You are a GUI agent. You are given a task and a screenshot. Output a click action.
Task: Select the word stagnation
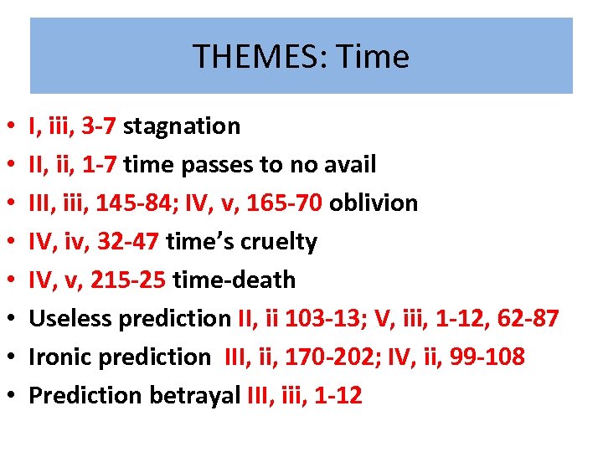point(182,126)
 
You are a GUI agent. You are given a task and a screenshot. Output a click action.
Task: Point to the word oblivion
point(374,203)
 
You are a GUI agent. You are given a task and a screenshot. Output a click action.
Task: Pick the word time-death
point(234,280)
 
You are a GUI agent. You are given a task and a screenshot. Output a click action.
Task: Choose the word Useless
point(73,319)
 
